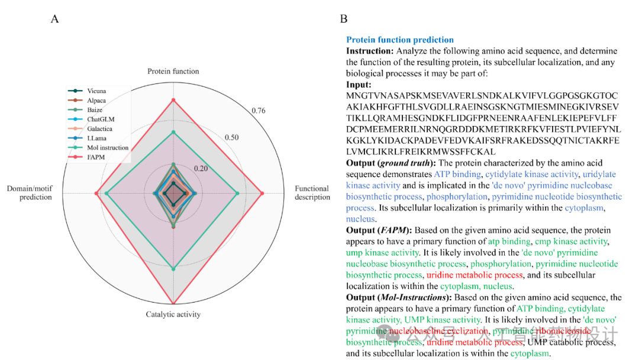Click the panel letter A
point(54,19)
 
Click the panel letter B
point(343,19)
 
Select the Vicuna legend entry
point(96,91)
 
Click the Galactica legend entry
point(99,128)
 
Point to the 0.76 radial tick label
point(258,111)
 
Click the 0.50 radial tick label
point(231,137)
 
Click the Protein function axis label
point(173,71)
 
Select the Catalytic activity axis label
point(173,314)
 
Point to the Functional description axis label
point(312,193)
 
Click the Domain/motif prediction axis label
point(29,193)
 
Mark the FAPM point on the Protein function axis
point(173,99)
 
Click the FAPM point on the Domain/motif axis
point(96,193)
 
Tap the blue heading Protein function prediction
point(400,40)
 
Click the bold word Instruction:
point(370,51)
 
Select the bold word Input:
point(359,85)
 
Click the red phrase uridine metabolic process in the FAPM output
point(475,275)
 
